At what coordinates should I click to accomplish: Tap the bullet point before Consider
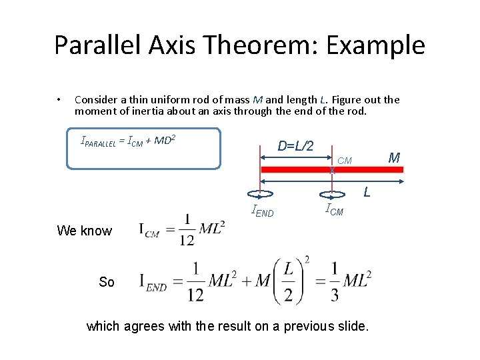coord(60,100)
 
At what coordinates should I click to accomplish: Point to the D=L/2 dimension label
coord(295,145)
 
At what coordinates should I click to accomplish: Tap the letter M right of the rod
coord(394,158)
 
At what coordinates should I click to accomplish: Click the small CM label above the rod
coord(345,161)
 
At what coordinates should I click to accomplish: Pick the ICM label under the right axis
coord(334,211)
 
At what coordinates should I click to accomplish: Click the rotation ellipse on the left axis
coord(260,195)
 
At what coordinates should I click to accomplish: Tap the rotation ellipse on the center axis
coord(332,195)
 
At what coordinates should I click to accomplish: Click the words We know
coord(85,231)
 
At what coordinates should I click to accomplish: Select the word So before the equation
coord(107,282)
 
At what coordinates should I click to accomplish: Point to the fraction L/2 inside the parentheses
coord(289,281)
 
